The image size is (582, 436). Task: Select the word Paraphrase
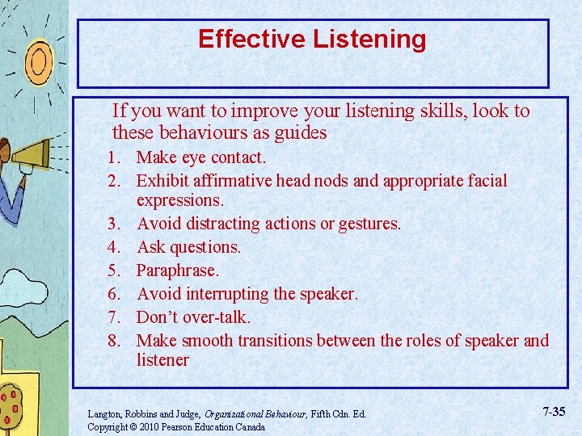tap(177, 270)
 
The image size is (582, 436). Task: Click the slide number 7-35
tap(554, 412)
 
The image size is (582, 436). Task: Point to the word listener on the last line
tap(162, 360)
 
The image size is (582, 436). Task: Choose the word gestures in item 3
tap(369, 223)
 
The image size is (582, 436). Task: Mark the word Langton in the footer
tap(104, 414)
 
